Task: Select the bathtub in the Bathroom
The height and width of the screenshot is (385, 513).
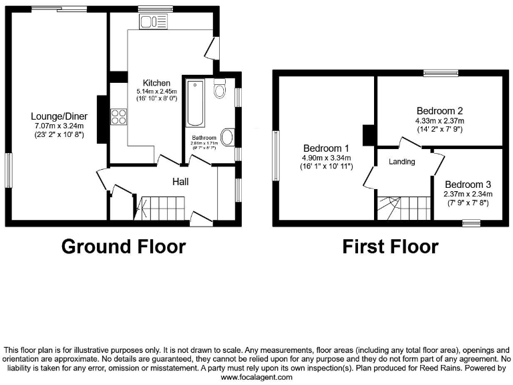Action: (x=196, y=103)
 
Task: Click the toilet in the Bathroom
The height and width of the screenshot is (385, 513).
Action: (x=220, y=89)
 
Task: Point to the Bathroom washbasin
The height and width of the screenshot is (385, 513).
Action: (x=227, y=138)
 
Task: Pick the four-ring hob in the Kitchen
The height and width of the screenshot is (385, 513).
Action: (x=119, y=117)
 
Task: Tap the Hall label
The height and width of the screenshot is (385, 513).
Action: (x=180, y=182)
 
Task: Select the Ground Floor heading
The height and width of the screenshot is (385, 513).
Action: (x=123, y=247)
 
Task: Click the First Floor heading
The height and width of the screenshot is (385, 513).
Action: (x=390, y=247)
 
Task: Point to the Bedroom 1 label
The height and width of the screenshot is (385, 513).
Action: (x=327, y=148)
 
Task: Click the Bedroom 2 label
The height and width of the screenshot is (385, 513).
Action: (x=440, y=111)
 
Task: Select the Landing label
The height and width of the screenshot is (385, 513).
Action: (x=401, y=162)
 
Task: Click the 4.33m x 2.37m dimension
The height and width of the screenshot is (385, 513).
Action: (x=440, y=121)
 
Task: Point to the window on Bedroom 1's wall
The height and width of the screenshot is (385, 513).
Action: (x=275, y=155)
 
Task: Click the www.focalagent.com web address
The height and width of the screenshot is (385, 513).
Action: (x=256, y=377)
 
